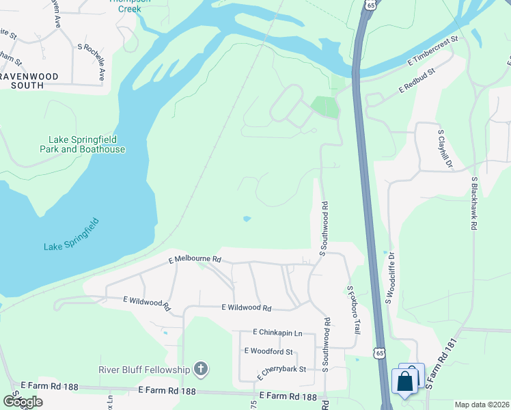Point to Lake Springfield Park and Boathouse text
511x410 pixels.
pos(82,144)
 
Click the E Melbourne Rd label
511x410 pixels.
pos(195,260)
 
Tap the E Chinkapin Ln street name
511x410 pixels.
pos(277,333)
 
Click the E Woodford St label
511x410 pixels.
pos(268,351)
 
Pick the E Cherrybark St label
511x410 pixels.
pos(280,371)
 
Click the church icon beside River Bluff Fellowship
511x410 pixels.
pos(200,370)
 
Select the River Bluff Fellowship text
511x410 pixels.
pos(143,370)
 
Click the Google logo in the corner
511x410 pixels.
pos(23,401)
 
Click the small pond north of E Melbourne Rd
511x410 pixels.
pos(247,219)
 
